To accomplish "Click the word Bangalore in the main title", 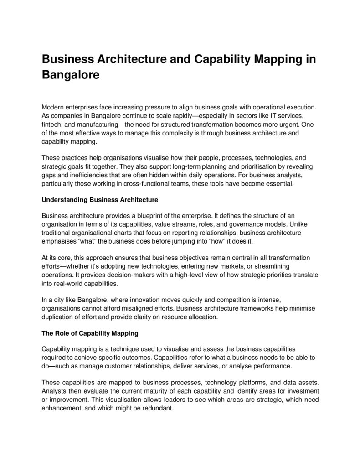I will [x=71, y=74].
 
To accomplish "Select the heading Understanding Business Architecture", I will [x=100, y=199].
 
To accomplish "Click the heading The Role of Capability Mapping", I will [x=90, y=333].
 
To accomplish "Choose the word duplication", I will [x=59, y=317].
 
